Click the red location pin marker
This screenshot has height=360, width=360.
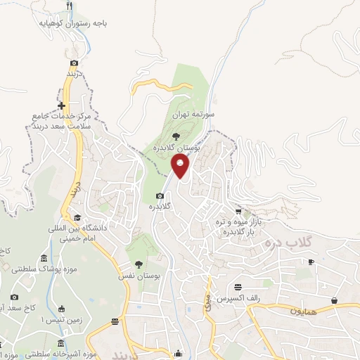[181, 166]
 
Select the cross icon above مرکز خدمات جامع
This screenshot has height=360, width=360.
[62, 105]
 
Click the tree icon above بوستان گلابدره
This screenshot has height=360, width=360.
[176, 136]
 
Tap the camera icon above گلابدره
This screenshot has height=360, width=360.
[160, 195]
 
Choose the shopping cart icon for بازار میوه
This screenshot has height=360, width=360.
[239, 210]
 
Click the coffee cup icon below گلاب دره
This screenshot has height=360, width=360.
[311, 262]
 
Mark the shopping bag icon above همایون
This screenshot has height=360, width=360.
[335, 300]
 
